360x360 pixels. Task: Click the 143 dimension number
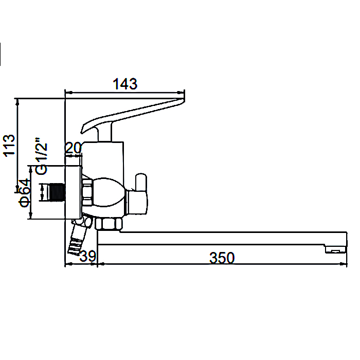(125, 84)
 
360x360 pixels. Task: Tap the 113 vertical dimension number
(9, 146)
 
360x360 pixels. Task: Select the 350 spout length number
(222, 258)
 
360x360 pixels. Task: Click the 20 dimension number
(74, 148)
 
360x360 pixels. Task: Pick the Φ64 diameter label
(25, 193)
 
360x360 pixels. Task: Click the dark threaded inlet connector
(56, 192)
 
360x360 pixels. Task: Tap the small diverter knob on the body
(141, 182)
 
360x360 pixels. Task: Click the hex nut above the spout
(109, 224)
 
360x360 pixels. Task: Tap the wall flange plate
(74, 192)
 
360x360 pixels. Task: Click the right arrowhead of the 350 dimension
(343, 264)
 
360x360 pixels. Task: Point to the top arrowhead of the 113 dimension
(17, 102)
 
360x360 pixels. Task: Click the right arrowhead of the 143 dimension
(181, 93)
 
